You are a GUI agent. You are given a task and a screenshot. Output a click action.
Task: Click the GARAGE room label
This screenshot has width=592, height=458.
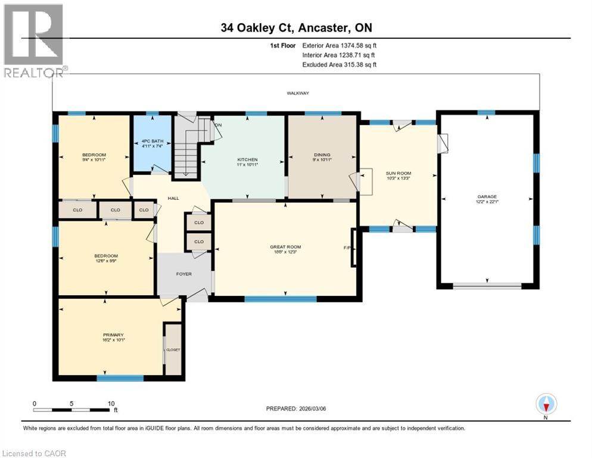pos(487,197)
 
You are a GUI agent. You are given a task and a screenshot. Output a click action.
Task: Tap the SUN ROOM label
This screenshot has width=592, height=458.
pos(399,174)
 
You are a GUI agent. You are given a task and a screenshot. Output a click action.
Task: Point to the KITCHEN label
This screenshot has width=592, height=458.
pos(247,160)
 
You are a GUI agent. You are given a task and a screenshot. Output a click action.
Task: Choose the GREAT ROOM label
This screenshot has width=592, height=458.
pos(285,247)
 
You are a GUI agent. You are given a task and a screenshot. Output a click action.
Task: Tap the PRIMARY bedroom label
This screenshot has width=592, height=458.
pos(113,335)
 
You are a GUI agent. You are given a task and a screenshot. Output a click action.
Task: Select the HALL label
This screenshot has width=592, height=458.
pos(173,199)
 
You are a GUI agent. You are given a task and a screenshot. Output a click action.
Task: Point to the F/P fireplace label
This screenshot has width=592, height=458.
pos(347,247)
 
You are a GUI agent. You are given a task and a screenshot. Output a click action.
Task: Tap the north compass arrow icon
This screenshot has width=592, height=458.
pos(546,404)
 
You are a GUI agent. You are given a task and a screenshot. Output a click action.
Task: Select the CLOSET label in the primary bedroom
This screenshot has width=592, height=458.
pos(173,349)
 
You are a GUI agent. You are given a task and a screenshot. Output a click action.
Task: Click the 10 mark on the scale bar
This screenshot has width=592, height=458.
pos(111,404)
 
